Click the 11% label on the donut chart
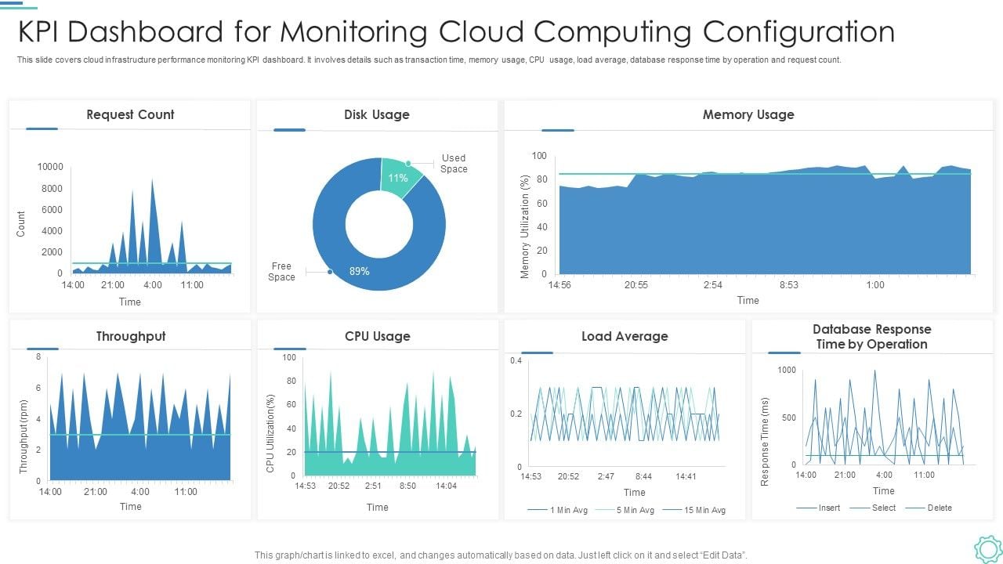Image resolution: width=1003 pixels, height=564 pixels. point(398,178)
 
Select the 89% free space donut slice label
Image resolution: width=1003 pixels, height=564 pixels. point(360,271)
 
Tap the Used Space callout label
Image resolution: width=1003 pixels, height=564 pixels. point(454,164)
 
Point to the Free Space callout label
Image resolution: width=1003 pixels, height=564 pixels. point(281,272)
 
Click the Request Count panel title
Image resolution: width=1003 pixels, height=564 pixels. point(130,114)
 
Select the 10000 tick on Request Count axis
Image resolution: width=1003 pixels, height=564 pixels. point(50,167)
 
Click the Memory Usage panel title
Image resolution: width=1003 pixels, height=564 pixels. point(748,114)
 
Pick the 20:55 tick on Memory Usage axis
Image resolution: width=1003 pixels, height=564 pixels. point(636,285)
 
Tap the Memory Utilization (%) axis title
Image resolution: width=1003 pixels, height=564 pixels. point(525,226)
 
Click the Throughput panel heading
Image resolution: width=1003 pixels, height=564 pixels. point(131,336)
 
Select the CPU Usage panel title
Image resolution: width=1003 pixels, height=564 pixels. point(377,336)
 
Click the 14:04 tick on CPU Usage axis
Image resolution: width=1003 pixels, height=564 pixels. point(446,486)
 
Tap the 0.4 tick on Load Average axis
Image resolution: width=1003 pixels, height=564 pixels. point(516,361)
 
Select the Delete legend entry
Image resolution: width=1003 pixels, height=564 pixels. point(940,508)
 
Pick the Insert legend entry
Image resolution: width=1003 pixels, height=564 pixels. point(829,508)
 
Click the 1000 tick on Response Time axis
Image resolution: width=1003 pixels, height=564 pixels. point(786,370)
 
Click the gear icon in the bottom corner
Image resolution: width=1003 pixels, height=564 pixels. point(987,548)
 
